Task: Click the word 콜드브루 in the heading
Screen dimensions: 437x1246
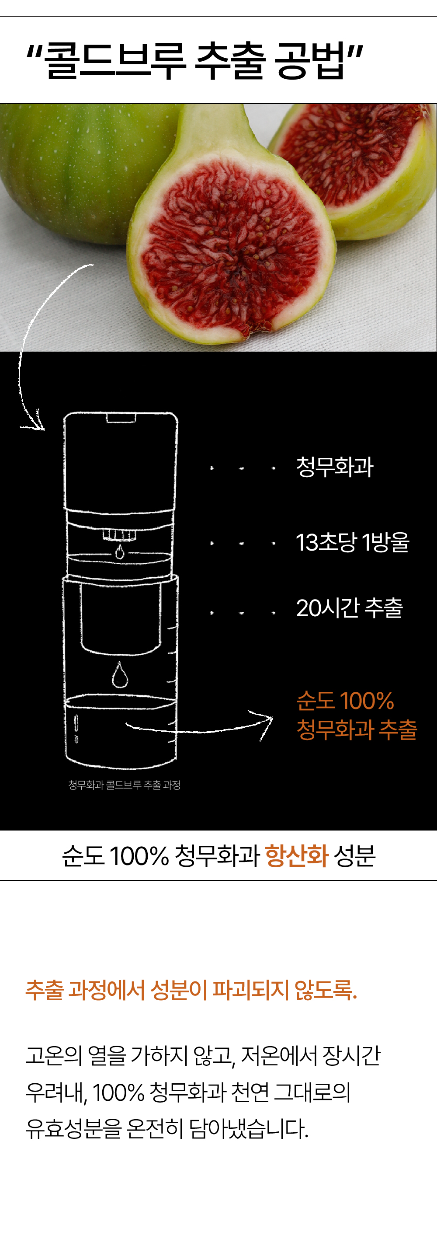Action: click(x=115, y=60)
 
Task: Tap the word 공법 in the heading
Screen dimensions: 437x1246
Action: click(x=309, y=60)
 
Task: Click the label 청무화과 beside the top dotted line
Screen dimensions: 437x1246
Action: click(x=334, y=467)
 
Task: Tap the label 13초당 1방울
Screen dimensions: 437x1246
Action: click(x=352, y=542)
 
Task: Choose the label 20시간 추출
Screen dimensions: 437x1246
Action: click(x=350, y=608)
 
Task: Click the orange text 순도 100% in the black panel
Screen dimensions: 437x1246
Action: click(x=345, y=701)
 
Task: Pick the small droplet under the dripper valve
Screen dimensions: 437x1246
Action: click(x=119, y=551)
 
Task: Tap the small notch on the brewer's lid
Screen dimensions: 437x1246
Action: click(x=121, y=417)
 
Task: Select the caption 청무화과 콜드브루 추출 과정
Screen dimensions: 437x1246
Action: click(x=124, y=785)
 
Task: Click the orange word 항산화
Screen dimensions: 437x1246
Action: click(x=297, y=855)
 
